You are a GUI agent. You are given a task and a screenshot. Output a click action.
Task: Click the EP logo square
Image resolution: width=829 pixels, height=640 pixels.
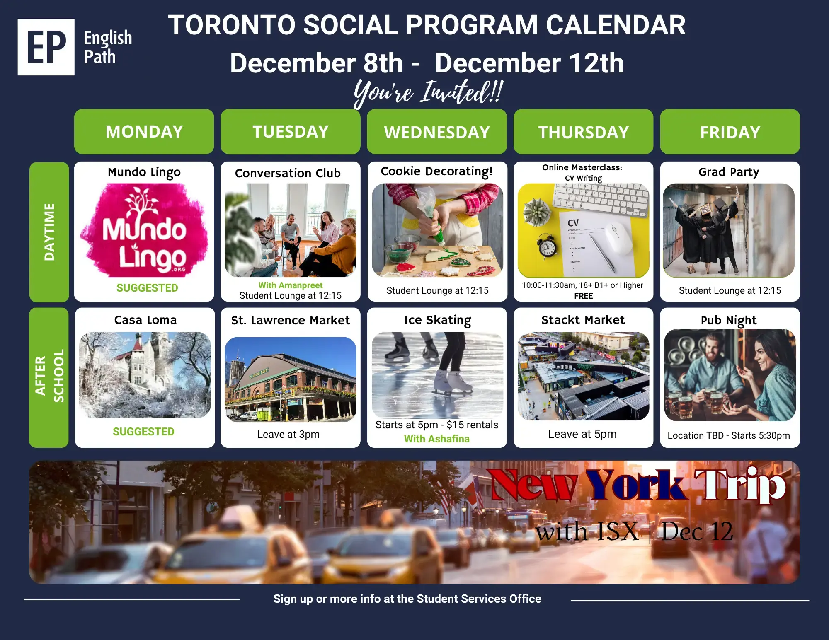(x=46, y=47)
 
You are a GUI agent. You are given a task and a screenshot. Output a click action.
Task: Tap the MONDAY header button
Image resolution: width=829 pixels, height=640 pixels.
(x=144, y=131)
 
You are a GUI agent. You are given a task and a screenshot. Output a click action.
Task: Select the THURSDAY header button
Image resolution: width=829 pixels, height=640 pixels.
(x=583, y=132)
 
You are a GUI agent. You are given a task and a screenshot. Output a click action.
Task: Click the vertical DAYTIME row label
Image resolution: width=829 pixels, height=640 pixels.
(x=49, y=232)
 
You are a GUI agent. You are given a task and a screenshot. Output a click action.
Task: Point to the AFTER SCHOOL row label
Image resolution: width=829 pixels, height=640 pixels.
(x=49, y=377)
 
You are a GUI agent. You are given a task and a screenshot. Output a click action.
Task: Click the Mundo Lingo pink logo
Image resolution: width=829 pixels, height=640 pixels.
(x=144, y=230)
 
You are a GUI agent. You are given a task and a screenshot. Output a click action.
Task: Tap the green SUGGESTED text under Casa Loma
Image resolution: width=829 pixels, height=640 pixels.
(x=143, y=432)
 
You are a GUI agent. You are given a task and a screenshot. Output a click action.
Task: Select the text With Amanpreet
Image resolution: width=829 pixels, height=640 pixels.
(x=290, y=285)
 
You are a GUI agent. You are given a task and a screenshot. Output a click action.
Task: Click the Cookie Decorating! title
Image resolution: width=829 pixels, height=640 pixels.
(x=436, y=171)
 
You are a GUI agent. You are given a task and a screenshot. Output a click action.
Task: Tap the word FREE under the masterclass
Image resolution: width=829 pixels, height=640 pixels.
(x=583, y=296)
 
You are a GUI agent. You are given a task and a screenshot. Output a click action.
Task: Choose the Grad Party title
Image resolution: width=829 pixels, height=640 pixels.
(x=729, y=172)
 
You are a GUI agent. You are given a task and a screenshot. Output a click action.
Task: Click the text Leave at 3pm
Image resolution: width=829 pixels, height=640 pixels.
(x=288, y=434)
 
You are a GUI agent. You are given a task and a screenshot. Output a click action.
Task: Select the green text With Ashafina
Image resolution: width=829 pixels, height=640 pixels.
(x=437, y=439)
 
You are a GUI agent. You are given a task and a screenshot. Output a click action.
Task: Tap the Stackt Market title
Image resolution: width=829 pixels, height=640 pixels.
(x=583, y=320)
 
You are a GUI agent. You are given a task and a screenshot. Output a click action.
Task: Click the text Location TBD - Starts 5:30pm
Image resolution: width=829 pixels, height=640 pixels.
(x=729, y=435)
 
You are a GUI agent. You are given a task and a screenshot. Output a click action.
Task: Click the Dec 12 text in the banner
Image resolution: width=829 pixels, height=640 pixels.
(x=697, y=531)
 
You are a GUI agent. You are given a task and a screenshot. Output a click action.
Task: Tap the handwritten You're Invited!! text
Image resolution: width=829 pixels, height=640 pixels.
(x=429, y=92)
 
